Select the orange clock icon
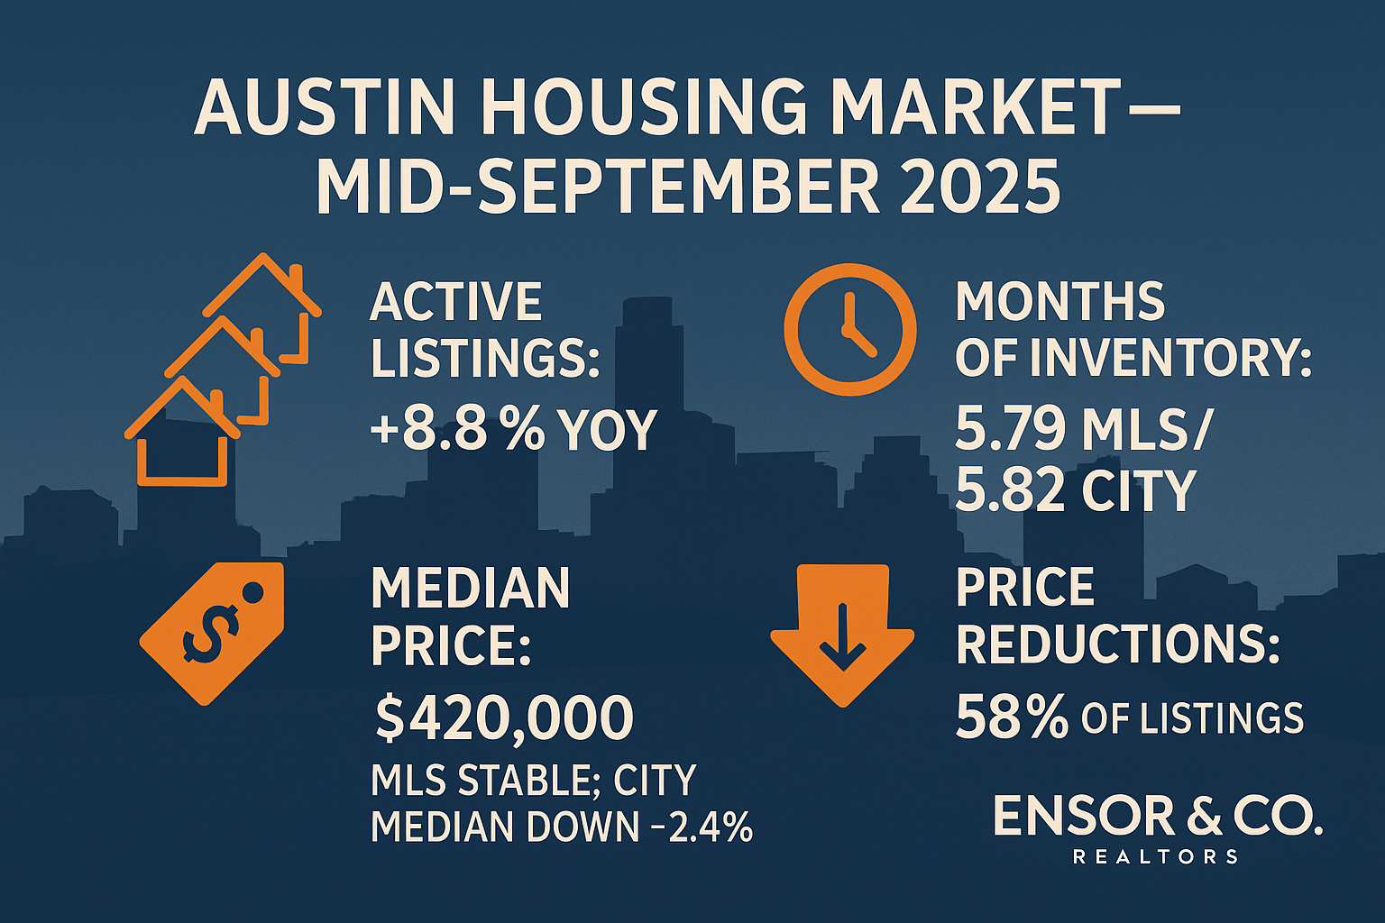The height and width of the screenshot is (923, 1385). [849, 329]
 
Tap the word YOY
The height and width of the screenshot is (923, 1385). [608, 430]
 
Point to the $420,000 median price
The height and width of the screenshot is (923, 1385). [504, 718]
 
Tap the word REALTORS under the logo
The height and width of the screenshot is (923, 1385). [1155, 856]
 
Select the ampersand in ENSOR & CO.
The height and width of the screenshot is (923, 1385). [1204, 816]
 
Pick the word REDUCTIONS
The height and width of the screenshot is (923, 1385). [1117, 644]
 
